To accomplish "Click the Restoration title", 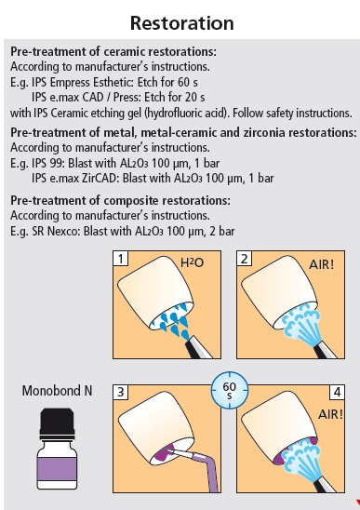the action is (x=181, y=23).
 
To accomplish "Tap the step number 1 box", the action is (x=120, y=259).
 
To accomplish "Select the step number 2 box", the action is (x=244, y=259).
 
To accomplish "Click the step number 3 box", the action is (x=120, y=392).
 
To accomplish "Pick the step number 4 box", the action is (x=338, y=392).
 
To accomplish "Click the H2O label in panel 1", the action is (x=192, y=262).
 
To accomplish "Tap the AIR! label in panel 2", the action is (x=321, y=264).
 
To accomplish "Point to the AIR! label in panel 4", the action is (x=330, y=414).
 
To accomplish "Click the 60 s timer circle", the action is (x=230, y=390).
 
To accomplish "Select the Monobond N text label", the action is (x=58, y=390).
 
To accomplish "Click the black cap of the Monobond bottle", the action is (x=58, y=423).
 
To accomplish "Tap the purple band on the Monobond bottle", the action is (x=58, y=470).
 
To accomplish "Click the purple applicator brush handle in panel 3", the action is (x=209, y=472).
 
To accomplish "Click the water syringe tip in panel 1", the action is (x=188, y=343).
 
